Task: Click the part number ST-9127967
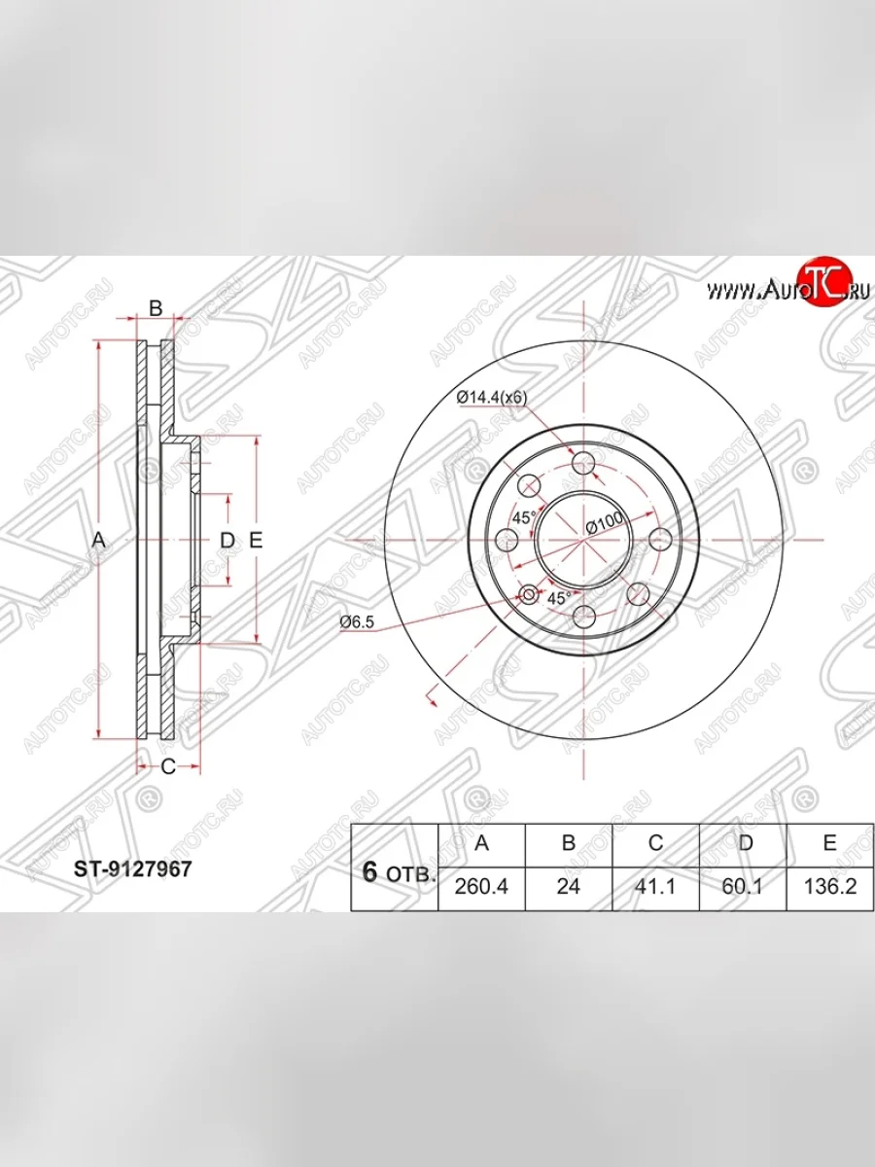click(132, 869)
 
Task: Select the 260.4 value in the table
click(481, 886)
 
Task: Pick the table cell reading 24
click(568, 886)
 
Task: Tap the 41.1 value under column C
click(655, 886)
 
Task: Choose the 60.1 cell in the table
click(742, 886)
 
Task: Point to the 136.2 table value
click(830, 886)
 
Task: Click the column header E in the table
click(830, 843)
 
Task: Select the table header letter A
click(481, 843)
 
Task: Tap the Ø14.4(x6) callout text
click(491, 397)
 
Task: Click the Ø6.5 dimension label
click(357, 621)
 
